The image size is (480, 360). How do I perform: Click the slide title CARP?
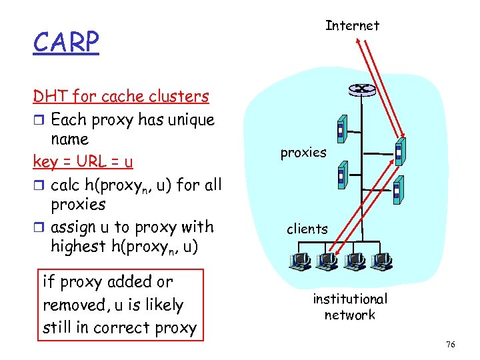pyautogui.click(x=66, y=43)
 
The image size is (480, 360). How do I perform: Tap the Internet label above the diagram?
pyautogui.click(x=352, y=26)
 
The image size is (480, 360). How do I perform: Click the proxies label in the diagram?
pyautogui.click(x=303, y=153)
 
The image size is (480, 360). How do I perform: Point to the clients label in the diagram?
pyautogui.click(x=307, y=229)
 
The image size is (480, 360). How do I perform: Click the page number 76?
pyautogui.click(x=451, y=344)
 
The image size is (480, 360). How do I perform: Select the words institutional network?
pyautogui.click(x=350, y=307)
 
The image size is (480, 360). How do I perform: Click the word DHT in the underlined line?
pyautogui.click(x=49, y=97)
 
